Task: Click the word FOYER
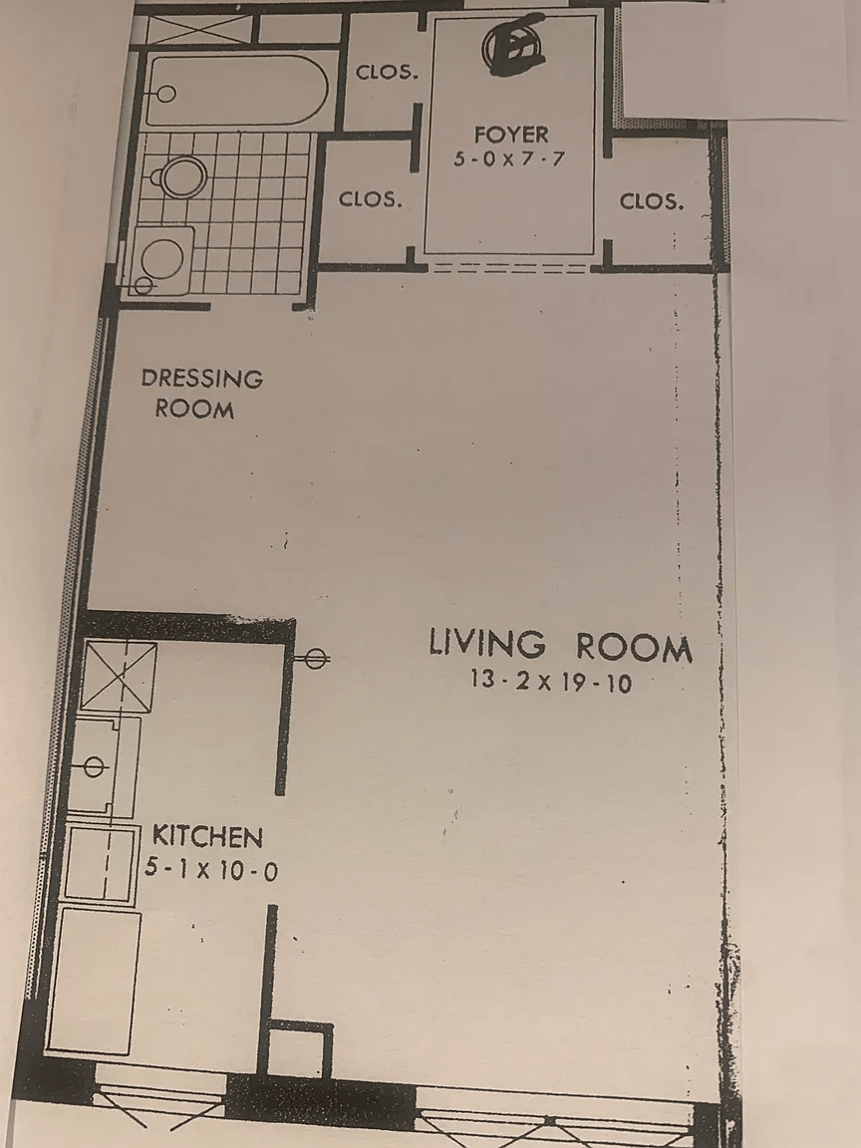point(511,135)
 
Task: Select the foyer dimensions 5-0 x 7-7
point(509,157)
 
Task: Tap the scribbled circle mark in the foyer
point(512,46)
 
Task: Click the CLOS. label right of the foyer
point(652,201)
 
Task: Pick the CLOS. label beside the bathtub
point(387,72)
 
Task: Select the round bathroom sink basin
point(161,258)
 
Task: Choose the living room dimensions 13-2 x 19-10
point(551,683)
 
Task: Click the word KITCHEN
point(207,836)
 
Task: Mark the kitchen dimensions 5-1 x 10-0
point(210,870)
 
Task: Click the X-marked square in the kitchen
point(119,676)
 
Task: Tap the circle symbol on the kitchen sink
point(95,765)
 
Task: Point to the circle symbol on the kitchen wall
point(315,658)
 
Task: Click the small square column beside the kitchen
point(299,1049)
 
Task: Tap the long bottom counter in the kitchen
point(96,979)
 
